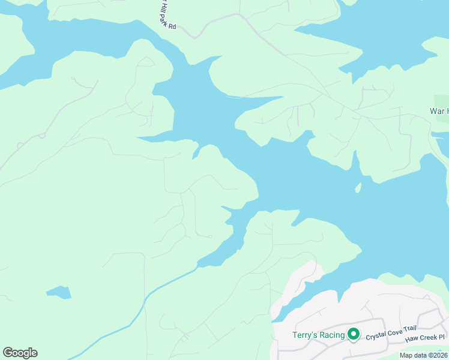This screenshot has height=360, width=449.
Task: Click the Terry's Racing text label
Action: pyautogui.click(x=318, y=335)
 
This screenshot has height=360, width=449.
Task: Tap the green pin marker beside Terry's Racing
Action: pyautogui.click(x=354, y=334)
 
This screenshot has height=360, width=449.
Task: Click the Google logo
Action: pyautogui.click(x=20, y=353)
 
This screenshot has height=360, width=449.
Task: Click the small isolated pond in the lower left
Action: pyautogui.click(x=59, y=293)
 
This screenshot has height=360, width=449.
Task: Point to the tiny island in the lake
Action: pyautogui.click(x=358, y=188)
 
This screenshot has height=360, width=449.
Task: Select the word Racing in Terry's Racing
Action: pyautogui.click(x=331, y=335)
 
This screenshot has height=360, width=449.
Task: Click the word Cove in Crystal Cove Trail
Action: pyautogui.click(x=397, y=337)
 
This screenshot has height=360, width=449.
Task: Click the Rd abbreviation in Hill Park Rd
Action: pyautogui.click(x=172, y=26)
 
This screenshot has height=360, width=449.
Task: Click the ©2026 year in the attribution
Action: pyautogui.click(x=435, y=355)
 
